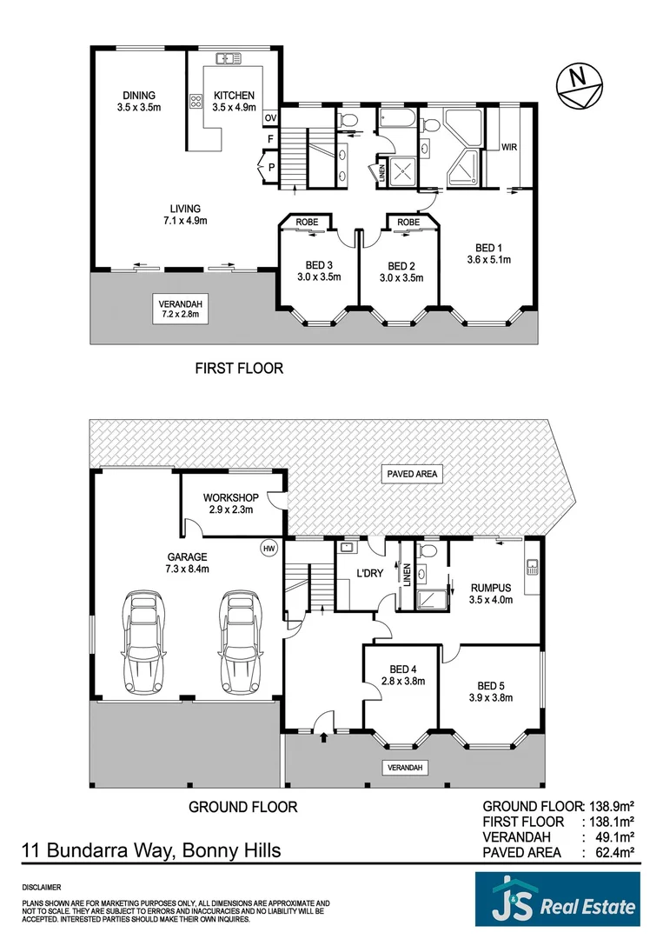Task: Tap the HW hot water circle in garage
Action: pyautogui.click(x=269, y=548)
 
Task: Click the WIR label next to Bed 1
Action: pyautogui.click(x=509, y=147)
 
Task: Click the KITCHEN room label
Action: pyautogui.click(x=234, y=96)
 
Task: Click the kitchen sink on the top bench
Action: pyautogui.click(x=229, y=59)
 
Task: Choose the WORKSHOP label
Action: pyautogui.click(x=229, y=497)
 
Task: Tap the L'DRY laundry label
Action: pyautogui.click(x=372, y=574)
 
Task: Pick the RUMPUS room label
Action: pyautogui.click(x=491, y=588)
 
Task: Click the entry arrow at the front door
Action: pyautogui.click(x=325, y=736)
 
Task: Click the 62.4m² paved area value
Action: pyautogui.click(x=613, y=854)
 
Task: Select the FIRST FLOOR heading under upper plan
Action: pyautogui.click(x=238, y=368)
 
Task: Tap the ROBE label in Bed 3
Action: pyautogui.click(x=308, y=222)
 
